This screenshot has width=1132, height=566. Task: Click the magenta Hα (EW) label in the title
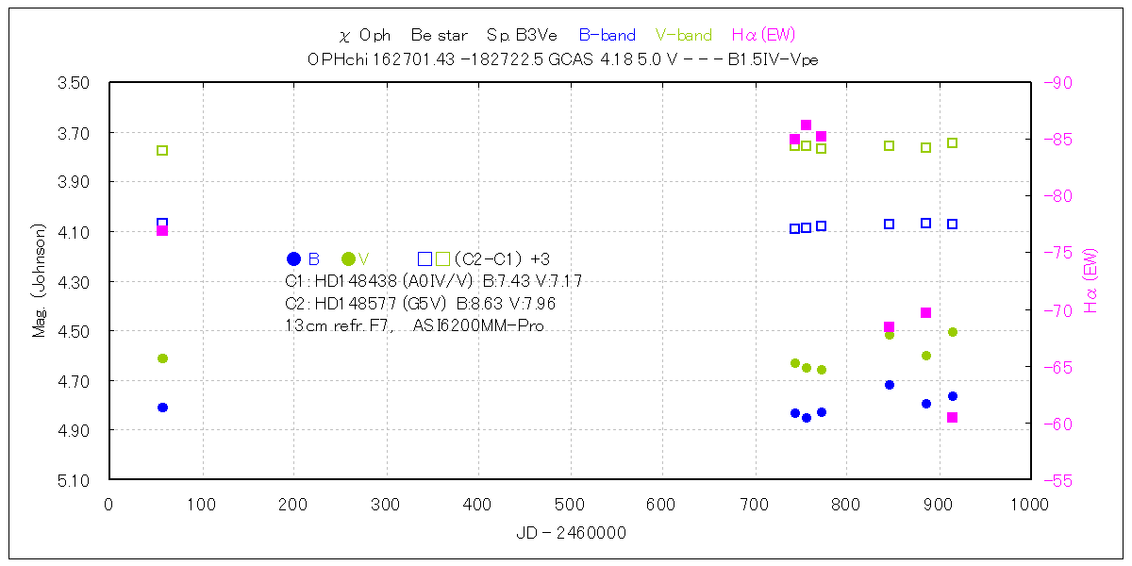tap(764, 35)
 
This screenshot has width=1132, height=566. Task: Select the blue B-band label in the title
tap(607, 35)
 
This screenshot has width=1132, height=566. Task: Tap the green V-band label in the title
tap(683, 35)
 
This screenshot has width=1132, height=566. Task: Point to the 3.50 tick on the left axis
tap(75, 83)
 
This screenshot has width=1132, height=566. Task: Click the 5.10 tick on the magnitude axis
tap(75, 480)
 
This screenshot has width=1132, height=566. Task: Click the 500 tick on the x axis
tap(570, 505)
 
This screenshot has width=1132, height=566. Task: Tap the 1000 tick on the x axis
tap(1028, 505)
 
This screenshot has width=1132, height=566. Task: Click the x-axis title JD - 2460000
tap(571, 533)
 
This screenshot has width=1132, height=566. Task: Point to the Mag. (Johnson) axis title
tap(40, 281)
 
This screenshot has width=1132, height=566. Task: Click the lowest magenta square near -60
tap(953, 417)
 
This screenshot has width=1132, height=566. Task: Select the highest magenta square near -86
tap(806, 125)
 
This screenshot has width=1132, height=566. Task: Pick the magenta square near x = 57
tap(162, 230)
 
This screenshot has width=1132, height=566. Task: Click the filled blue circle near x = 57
tap(162, 408)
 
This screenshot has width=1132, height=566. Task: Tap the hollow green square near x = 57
tap(162, 150)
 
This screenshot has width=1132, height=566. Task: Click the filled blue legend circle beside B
tap(293, 258)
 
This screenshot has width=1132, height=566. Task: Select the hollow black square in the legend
tap(424, 258)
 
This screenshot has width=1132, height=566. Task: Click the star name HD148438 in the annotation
tap(354, 281)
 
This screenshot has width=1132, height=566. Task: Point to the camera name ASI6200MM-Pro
tap(478, 325)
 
